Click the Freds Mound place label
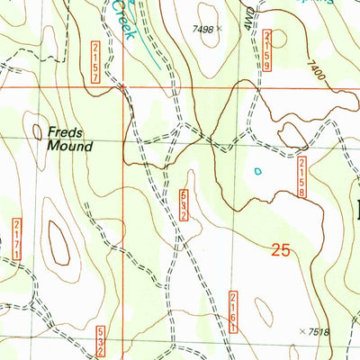pos(69,139)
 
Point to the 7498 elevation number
pos(203,30)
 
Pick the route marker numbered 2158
pos(302,176)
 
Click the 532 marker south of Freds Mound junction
pos(184,205)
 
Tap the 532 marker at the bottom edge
pos(101,344)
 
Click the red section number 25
pos(281,251)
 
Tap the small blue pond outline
pos(260,169)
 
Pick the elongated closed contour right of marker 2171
pos(59,245)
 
